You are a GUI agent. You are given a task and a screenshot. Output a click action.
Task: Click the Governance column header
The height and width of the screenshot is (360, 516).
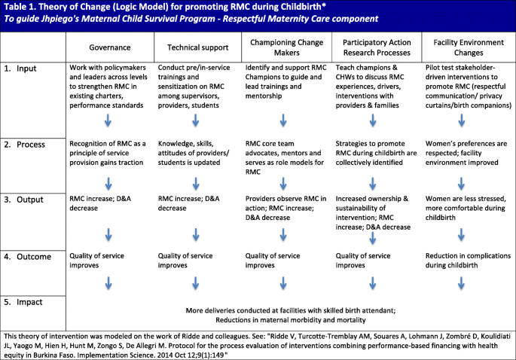pos(111,47)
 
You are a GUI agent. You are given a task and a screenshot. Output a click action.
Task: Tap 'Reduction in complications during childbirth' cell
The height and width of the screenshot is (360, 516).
pos(467,261)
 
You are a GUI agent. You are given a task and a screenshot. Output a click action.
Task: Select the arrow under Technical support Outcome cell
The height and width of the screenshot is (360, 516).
pos(197,283)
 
